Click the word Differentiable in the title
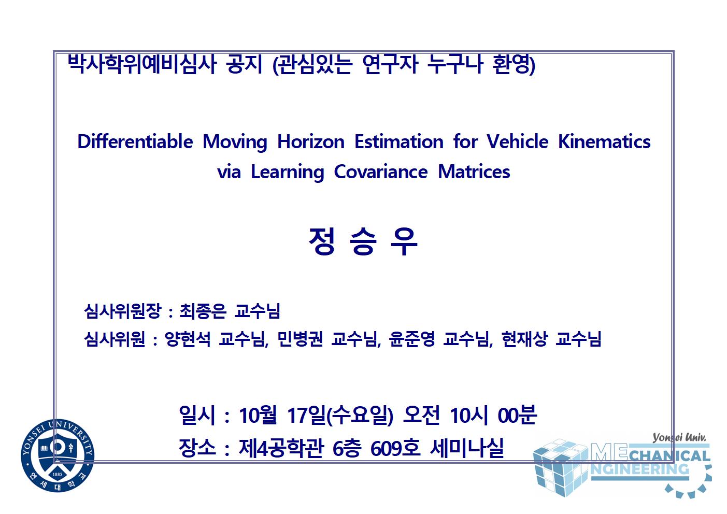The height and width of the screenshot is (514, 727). [x=135, y=142]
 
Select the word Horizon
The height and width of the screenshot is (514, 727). [x=311, y=142]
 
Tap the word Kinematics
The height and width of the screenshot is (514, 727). [x=604, y=142]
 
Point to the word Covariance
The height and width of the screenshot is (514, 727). [x=381, y=172]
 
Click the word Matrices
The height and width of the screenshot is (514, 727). [x=474, y=172]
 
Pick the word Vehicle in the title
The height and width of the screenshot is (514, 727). [x=518, y=142]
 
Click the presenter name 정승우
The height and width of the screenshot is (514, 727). [x=363, y=241]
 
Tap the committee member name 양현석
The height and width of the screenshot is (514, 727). [x=188, y=339]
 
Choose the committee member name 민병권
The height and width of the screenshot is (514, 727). [x=300, y=339]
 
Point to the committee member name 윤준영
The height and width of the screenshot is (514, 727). [x=412, y=339]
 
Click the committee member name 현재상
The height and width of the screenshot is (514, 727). [x=524, y=339]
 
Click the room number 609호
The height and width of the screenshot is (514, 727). [x=395, y=448]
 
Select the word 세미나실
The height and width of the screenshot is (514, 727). [x=467, y=448]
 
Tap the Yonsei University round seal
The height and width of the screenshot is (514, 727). [x=58, y=455]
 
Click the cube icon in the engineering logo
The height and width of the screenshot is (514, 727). [x=561, y=468]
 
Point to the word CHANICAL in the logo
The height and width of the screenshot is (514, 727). [x=669, y=456]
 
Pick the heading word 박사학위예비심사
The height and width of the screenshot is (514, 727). [x=142, y=64]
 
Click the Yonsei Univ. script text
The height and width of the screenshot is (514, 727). [x=679, y=437]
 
